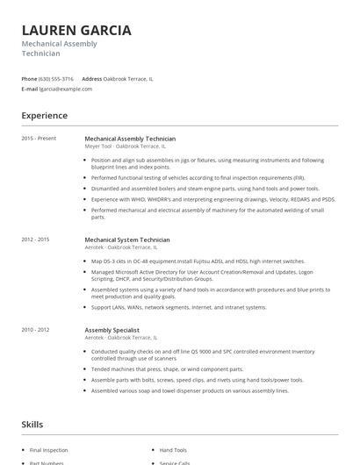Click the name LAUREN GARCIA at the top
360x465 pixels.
pos(76,30)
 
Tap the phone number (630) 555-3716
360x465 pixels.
pos(57,78)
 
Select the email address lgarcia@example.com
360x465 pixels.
pos(66,89)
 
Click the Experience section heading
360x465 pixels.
pos(45,116)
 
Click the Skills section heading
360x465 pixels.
pos(32,424)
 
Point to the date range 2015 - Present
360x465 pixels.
pos(39,138)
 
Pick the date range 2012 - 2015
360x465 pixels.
pos(36,239)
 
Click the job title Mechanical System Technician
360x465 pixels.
pos(127,239)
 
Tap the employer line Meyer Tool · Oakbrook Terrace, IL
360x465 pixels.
pos(120,146)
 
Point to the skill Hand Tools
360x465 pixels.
pos(172,450)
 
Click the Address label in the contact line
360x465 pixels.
pos(92,78)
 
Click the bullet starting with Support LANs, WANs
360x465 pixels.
pos(179,307)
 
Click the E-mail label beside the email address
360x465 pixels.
pos(30,89)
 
